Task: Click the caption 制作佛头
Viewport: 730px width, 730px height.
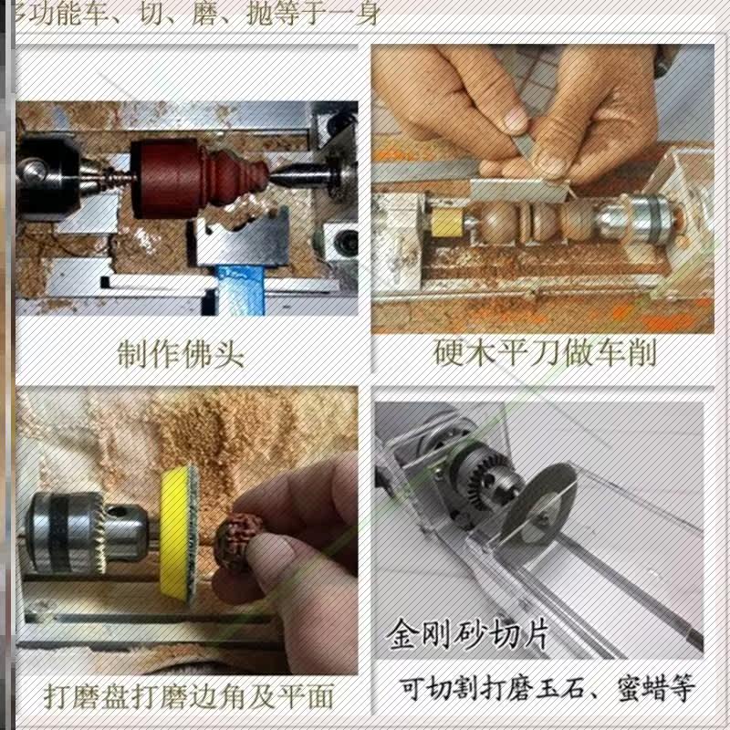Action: [x=180, y=352]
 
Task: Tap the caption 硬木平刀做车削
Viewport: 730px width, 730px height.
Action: [x=545, y=352]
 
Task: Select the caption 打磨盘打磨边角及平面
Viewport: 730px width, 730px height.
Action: [x=189, y=697]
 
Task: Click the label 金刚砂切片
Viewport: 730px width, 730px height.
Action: [x=466, y=632]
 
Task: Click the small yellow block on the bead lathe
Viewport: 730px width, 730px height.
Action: [x=447, y=224]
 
